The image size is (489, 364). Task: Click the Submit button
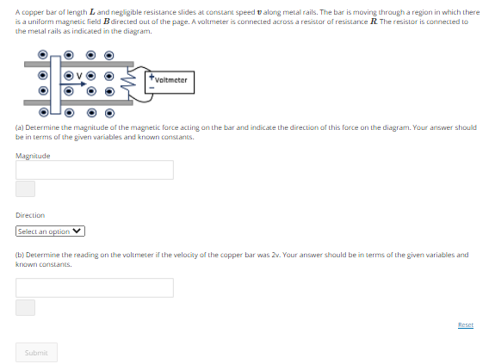click(x=36, y=353)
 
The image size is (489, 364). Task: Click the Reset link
click(x=466, y=324)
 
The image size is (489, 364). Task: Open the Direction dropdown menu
click(x=50, y=231)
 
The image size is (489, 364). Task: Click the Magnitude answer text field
click(x=95, y=170)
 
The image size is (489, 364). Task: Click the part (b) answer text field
click(x=95, y=287)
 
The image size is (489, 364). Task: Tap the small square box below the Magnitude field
click(x=25, y=188)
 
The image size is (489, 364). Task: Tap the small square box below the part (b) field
click(x=25, y=307)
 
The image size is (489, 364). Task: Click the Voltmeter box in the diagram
click(x=170, y=83)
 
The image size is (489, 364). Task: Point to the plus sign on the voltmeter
click(x=152, y=77)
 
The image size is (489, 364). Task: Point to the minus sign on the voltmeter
click(x=152, y=88)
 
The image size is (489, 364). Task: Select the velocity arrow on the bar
click(x=73, y=83)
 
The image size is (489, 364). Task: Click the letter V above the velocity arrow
click(x=79, y=76)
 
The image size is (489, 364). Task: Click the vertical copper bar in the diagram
click(x=55, y=85)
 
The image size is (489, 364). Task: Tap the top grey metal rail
click(x=79, y=65)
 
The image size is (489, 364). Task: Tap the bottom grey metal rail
click(x=78, y=103)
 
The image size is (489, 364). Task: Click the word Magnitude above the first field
click(x=33, y=156)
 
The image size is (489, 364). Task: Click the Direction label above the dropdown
click(x=30, y=215)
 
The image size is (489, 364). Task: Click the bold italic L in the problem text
click(x=92, y=12)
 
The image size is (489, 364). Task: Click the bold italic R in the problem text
click(x=374, y=22)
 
